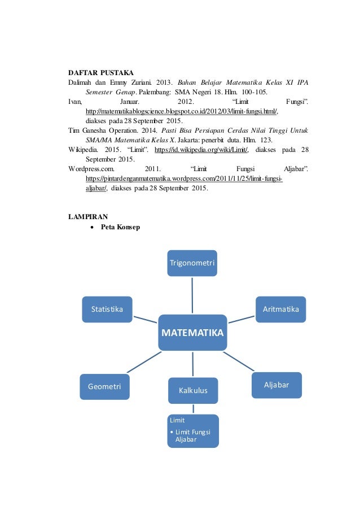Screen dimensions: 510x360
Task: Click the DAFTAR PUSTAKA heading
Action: click(101, 73)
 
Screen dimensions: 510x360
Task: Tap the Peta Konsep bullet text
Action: click(120, 227)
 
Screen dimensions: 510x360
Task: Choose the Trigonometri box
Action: click(192, 263)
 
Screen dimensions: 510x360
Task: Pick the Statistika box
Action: click(107, 310)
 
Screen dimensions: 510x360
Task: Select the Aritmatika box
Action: click(280, 310)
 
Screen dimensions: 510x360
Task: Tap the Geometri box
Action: click(104, 386)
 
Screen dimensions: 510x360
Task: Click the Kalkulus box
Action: click(193, 390)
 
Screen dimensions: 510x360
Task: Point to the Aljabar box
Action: click(276, 385)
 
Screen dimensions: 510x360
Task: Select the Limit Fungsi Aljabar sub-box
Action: click(193, 431)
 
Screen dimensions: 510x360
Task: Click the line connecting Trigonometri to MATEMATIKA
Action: click(192, 295)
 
